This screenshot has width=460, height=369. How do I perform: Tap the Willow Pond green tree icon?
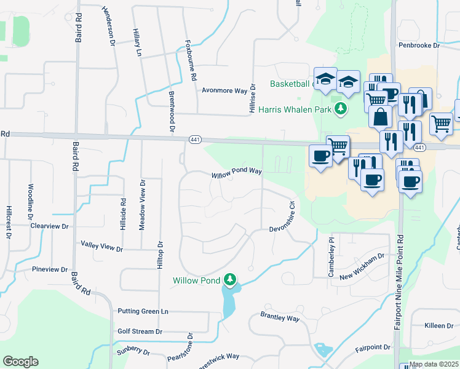[230, 280]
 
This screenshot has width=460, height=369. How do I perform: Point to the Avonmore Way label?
[224, 90]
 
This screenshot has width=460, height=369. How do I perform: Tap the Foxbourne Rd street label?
[191, 61]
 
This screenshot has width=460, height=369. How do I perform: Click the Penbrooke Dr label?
[419, 46]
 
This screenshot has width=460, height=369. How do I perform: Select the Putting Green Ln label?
[143, 312]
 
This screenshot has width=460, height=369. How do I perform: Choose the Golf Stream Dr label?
[140, 331]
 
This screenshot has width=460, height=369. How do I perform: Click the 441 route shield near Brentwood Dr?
[195, 139]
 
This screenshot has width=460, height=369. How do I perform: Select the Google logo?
[20, 362]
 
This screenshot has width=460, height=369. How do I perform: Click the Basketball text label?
[289, 84]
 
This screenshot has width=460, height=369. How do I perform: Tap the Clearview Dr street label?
[49, 226]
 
